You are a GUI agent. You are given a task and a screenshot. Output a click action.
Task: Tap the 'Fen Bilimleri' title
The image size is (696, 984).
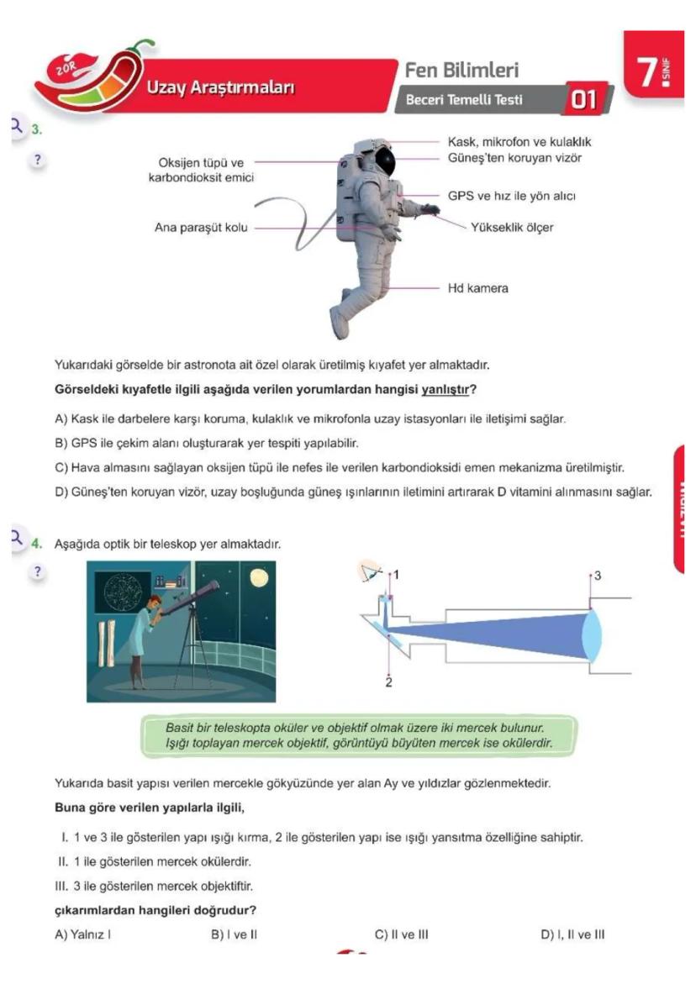pyautogui.click(x=461, y=71)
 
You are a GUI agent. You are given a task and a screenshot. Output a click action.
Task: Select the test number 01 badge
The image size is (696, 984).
pyautogui.click(x=583, y=101)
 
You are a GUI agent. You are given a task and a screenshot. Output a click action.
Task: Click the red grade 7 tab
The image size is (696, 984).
pyautogui.click(x=653, y=73)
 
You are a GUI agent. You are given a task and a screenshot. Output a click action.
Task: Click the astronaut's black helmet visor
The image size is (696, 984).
pyautogui.click(x=385, y=160)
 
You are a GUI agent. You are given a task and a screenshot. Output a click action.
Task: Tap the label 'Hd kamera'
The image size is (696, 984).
pyautogui.click(x=477, y=288)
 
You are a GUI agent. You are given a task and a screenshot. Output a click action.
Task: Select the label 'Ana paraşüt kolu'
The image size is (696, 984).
pyautogui.click(x=201, y=227)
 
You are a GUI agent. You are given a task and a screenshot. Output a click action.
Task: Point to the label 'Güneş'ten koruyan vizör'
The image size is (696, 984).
pyautogui.click(x=514, y=158)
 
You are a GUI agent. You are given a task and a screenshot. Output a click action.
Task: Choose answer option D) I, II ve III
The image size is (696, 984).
pyautogui.click(x=572, y=934)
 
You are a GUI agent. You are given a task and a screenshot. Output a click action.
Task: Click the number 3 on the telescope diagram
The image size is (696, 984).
pyautogui.click(x=598, y=576)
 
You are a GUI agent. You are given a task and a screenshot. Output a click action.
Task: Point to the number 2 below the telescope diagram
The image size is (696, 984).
pyautogui.click(x=388, y=681)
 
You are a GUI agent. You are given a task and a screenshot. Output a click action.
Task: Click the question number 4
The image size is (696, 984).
pyautogui.click(x=36, y=544)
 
